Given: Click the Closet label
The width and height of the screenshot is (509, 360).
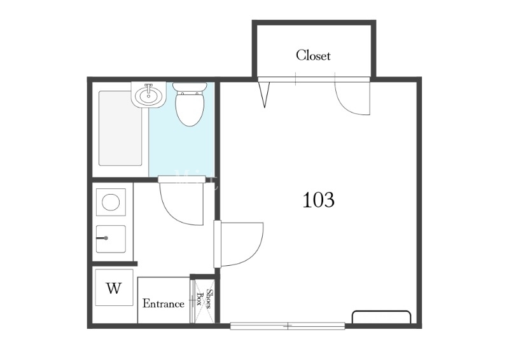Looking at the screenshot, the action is (x=313, y=55).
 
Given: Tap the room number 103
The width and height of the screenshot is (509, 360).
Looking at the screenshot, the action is (x=318, y=200).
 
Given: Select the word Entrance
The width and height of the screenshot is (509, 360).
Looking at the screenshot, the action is (x=164, y=304).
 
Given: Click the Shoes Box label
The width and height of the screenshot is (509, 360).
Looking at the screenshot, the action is (x=204, y=300).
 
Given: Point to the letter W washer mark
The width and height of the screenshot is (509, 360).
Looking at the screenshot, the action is (x=114, y=288).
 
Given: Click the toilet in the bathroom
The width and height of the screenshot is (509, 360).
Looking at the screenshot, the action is (x=190, y=104).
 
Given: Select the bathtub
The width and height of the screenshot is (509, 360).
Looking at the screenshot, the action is (x=120, y=128).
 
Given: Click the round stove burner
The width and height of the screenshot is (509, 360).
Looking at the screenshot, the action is (x=111, y=202).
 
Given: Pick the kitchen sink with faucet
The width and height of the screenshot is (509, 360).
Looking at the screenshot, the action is (x=111, y=239).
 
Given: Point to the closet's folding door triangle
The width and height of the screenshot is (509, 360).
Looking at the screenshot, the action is (x=264, y=95).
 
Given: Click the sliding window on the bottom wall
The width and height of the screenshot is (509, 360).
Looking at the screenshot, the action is (x=288, y=326).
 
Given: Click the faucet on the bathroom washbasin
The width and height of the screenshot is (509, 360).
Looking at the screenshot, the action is (x=149, y=89).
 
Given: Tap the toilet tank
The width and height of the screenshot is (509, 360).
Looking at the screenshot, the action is (x=190, y=87).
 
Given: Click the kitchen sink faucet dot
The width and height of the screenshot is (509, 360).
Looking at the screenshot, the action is (x=106, y=239).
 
